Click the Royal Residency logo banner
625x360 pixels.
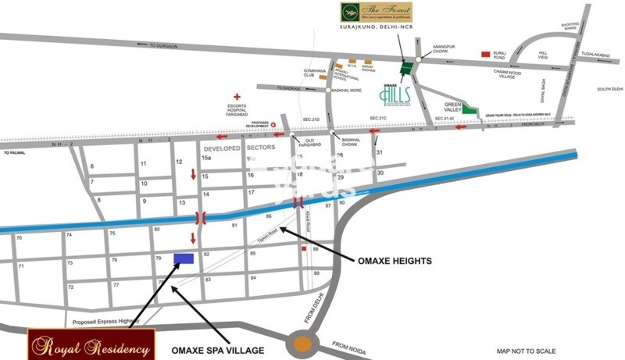tap(91, 344)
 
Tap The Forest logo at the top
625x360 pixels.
tap(377, 12)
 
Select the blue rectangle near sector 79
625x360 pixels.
tap(184, 258)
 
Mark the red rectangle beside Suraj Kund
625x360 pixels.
tap(485, 55)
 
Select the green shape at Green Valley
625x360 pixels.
tap(468, 109)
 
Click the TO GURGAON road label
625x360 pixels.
tap(165, 47)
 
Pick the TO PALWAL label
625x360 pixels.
tap(15, 152)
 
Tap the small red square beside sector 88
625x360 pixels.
tap(303, 249)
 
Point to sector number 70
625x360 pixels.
tap(19, 237)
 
